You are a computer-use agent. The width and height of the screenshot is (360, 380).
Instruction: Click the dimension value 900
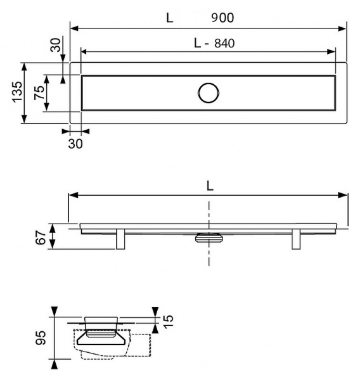point(222,18)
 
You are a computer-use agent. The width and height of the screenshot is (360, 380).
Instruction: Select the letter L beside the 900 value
point(169,18)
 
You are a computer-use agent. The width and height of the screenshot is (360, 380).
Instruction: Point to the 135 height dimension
point(17,92)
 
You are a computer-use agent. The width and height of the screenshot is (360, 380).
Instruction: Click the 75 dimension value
point(39,92)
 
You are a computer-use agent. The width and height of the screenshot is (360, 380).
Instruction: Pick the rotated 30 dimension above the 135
point(56,46)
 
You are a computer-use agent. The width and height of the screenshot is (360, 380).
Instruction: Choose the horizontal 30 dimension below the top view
point(75,143)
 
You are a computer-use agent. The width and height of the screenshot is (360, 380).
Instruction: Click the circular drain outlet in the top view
point(208,92)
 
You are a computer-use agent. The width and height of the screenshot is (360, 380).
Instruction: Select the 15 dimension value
point(167,322)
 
